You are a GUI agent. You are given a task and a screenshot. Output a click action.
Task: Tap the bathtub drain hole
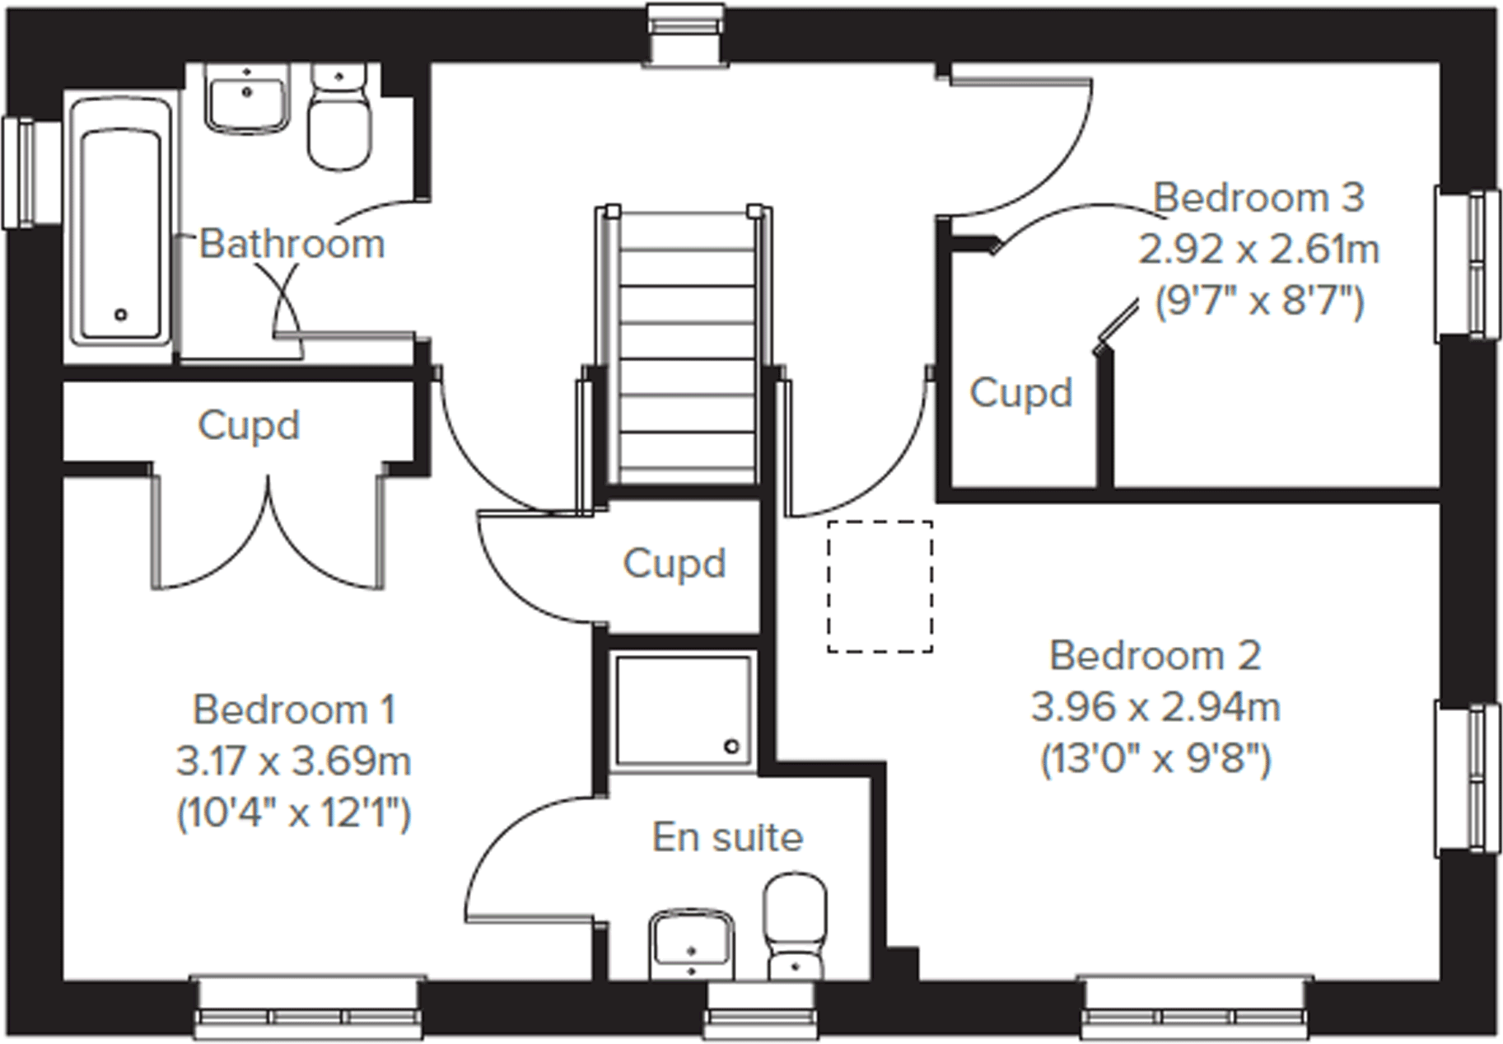tap(121, 314)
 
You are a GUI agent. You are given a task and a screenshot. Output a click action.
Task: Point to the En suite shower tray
tap(683, 710)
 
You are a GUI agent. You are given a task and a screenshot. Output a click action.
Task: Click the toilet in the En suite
tap(795, 927)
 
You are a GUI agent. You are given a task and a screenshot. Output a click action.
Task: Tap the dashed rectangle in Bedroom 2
tap(880, 587)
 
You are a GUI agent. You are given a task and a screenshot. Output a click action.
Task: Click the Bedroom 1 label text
tap(294, 709)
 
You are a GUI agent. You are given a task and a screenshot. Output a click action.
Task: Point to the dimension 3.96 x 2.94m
tap(1155, 707)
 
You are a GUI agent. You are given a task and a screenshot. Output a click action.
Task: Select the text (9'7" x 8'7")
tap(1258, 302)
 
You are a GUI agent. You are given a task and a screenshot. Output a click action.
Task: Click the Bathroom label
tap(292, 244)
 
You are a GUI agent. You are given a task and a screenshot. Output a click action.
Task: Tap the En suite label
tap(727, 837)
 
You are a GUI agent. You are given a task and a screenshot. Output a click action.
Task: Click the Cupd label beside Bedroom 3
tap(1020, 393)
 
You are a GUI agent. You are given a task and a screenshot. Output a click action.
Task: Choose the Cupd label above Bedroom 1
tap(248, 426)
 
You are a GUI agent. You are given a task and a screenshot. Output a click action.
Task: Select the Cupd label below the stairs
tap(674, 564)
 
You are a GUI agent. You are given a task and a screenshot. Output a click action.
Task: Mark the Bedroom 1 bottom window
tap(308, 1009)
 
